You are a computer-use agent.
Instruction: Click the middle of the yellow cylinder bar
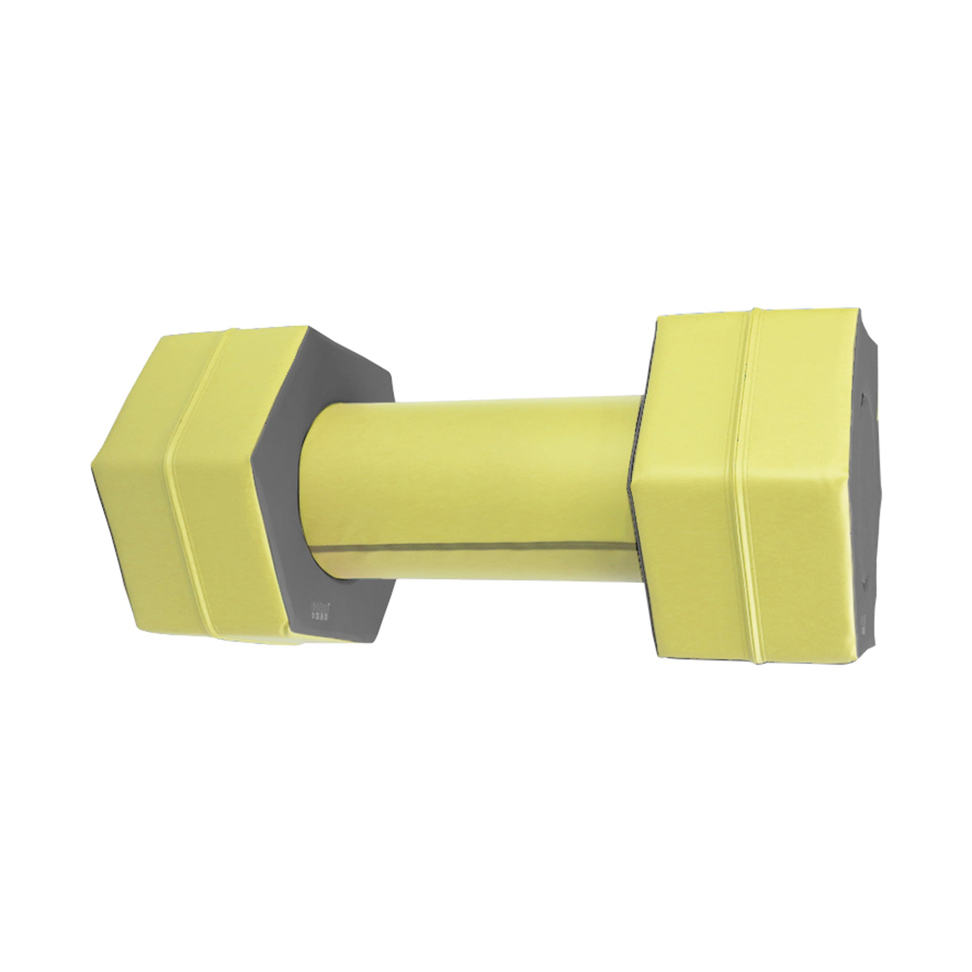pos(471,481)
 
